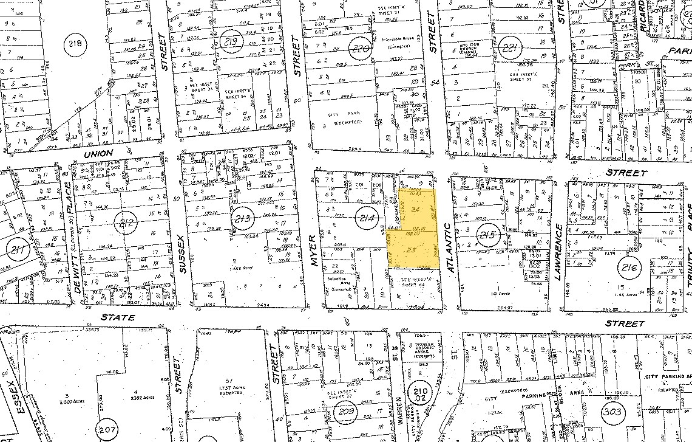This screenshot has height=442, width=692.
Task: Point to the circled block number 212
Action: click(x=126, y=221)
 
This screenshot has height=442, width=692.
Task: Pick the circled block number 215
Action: click(x=488, y=235)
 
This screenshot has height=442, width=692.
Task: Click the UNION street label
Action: click(x=98, y=155)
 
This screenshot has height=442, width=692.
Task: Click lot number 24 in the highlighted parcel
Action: click(x=415, y=209)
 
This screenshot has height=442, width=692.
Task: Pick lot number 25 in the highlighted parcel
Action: click(x=411, y=250)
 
